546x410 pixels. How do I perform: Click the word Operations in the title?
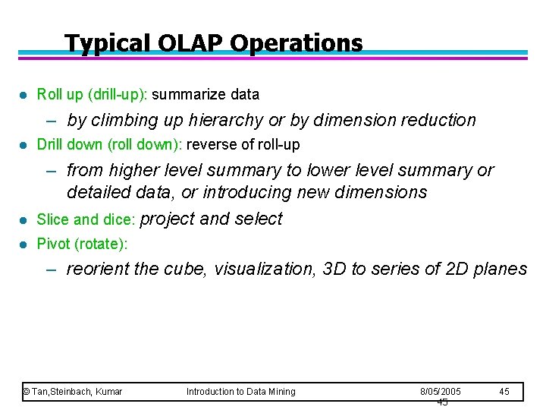tap(297, 43)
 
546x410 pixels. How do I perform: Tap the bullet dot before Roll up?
tap(24, 95)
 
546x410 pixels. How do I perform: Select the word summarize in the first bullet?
tap(185, 95)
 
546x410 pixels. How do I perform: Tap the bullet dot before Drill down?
tap(24, 145)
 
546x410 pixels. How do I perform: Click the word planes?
tap(500, 269)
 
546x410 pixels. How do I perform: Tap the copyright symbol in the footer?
tap(26, 391)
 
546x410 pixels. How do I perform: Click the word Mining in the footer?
tap(280, 391)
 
